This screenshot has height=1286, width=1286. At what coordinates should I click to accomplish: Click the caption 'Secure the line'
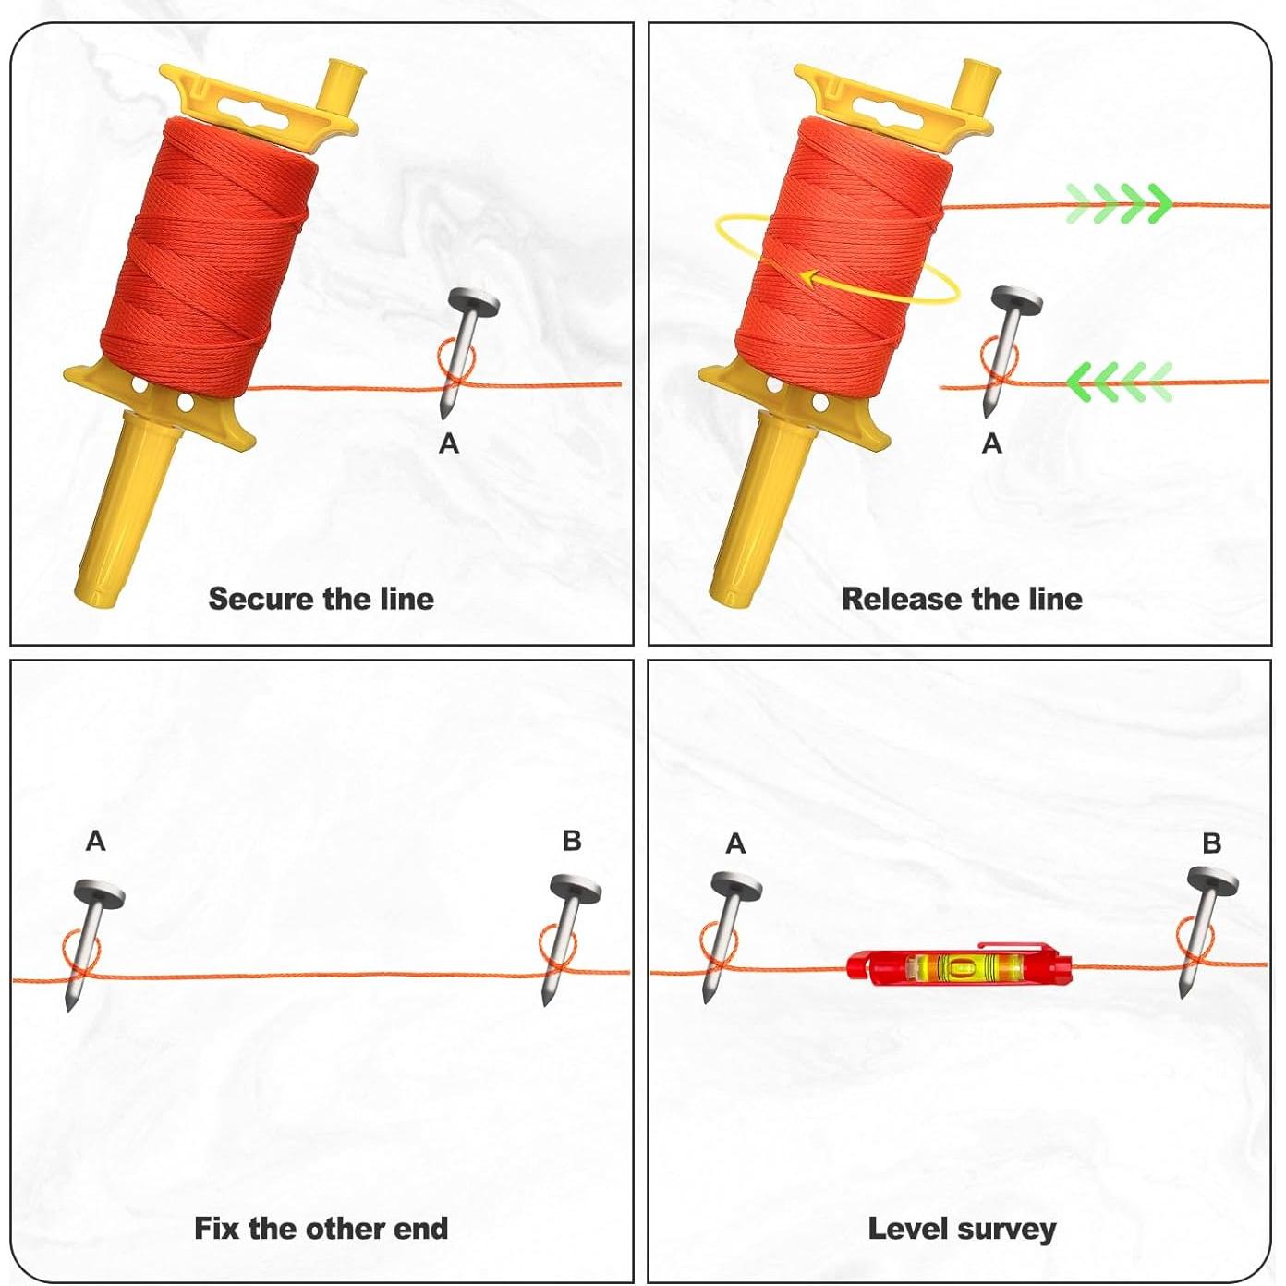coord(321,599)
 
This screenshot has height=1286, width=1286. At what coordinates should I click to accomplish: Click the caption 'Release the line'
coord(962,599)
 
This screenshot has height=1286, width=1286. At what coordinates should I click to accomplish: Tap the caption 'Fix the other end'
coord(321,1228)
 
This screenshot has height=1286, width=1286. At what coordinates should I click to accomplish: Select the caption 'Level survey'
coord(962,1229)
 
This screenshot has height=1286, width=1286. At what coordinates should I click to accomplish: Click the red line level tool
coord(960,966)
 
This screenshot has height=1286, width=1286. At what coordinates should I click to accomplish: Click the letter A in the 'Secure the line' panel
coord(449,444)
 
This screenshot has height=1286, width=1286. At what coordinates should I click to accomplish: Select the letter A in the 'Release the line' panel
coord(992,444)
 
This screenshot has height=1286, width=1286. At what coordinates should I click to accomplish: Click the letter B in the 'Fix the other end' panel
coord(572,841)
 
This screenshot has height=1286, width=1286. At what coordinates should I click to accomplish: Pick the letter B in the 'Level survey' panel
coord(1212,843)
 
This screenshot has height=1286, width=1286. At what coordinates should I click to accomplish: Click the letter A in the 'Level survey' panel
coord(735,843)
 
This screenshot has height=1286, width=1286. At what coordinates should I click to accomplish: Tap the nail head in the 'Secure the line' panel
coord(474,299)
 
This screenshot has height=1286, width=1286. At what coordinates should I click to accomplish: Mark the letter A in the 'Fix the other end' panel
coord(95,841)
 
